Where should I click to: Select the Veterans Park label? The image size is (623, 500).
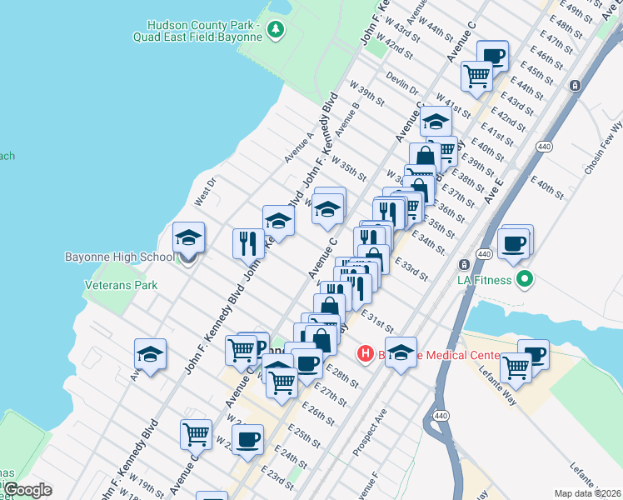(122, 285)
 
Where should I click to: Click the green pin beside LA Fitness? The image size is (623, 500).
(523, 279)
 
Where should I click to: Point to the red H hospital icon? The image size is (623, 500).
(365, 354)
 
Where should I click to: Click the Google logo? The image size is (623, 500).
(27, 490)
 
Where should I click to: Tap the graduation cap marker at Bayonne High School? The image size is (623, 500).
(189, 238)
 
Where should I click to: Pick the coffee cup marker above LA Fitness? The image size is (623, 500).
(514, 243)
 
